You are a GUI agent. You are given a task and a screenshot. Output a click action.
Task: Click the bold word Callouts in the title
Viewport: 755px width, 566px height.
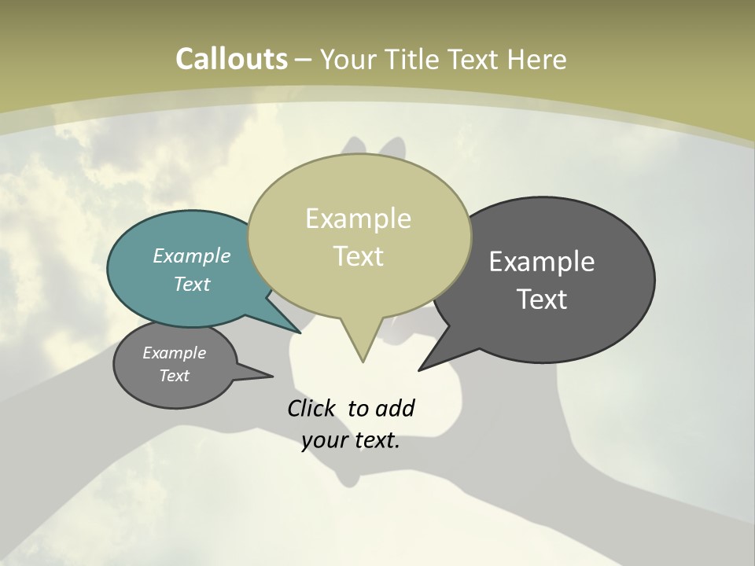tap(231, 59)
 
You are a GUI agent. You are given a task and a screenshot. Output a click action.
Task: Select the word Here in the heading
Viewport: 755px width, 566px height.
tap(536, 59)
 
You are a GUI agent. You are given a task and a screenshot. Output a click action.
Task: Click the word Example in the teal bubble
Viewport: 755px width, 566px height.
tap(192, 255)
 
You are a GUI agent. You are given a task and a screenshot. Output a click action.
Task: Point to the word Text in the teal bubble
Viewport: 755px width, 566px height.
tap(192, 284)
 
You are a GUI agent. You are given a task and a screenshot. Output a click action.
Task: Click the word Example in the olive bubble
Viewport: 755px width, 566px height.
tap(359, 219)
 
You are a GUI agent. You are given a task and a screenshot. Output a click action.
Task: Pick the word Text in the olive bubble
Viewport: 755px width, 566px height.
tap(359, 256)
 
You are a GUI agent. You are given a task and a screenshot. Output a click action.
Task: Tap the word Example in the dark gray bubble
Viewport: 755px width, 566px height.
tap(542, 261)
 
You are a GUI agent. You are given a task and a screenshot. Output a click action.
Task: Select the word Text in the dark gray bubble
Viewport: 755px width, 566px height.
tap(542, 299)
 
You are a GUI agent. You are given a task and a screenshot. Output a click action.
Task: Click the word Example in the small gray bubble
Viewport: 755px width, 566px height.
tap(175, 353)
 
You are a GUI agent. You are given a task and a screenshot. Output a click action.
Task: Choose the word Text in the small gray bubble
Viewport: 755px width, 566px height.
tap(175, 376)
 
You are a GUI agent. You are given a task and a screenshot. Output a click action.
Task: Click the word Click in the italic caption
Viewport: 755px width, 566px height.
tap(313, 408)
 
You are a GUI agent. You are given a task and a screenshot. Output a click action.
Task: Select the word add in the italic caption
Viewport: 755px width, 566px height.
tap(395, 408)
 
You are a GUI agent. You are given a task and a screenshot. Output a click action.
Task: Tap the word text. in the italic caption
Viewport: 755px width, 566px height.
tap(377, 440)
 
